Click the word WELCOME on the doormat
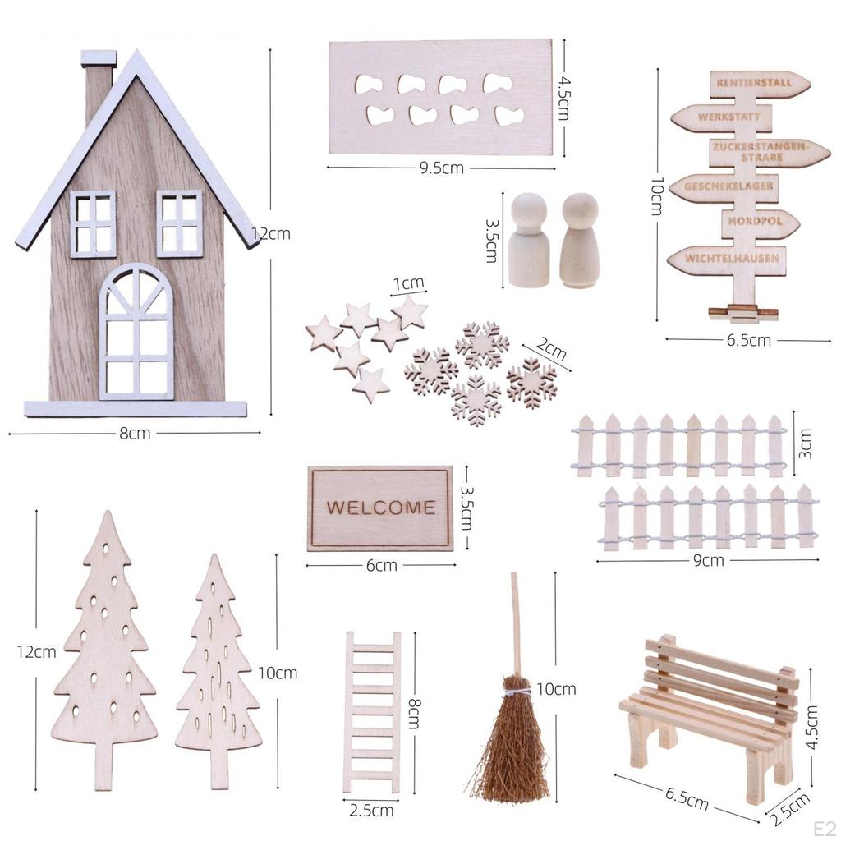[380, 507]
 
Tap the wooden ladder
[372, 710]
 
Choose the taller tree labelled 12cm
[104, 649]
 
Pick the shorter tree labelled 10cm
[217, 673]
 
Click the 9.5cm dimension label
[442, 168]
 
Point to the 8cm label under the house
[135, 433]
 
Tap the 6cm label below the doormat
[381, 565]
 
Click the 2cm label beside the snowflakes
[553, 351]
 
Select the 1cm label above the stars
[408, 284]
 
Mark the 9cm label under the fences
[708, 561]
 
